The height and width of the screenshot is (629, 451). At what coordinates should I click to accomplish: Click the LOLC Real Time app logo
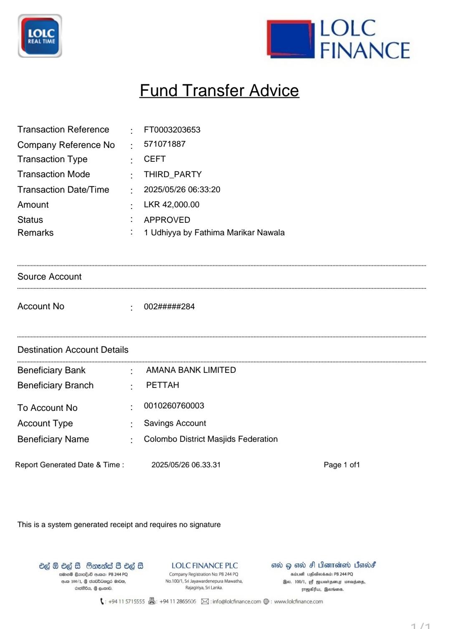click(40, 36)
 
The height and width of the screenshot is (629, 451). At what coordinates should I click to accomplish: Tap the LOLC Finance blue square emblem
click(291, 38)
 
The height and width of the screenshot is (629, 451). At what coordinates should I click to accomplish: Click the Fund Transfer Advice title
click(219, 91)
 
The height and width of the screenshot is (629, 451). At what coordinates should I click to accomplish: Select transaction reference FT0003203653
click(172, 130)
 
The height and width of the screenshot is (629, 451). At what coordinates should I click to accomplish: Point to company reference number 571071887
click(165, 144)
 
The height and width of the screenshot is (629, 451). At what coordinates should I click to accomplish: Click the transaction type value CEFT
click(155, 159)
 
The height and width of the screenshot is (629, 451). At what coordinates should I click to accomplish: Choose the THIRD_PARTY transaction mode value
click(172, 174)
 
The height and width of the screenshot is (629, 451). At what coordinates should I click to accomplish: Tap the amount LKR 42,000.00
click(171, 205)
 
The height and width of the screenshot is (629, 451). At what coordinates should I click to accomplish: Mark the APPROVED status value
click(167, 220)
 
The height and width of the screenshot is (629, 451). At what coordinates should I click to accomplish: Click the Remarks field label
click(35, 233)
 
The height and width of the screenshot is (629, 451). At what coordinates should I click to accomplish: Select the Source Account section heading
click(49, 277)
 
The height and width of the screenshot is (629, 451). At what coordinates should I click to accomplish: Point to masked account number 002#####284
click(169, 307)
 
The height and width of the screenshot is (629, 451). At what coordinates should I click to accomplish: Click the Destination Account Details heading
click(73, 350)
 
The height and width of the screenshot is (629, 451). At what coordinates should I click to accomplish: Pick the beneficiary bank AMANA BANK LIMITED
click(191, 370)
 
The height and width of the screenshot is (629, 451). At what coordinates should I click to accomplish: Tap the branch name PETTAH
click(162, 385)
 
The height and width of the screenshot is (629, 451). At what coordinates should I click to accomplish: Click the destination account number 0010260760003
click(174, 406)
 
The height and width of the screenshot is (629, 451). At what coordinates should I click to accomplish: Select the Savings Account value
click(175, 423)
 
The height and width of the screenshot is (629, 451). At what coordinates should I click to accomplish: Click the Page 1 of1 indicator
click(342, 465)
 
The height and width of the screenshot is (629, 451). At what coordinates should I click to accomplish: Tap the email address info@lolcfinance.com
click(236, 601)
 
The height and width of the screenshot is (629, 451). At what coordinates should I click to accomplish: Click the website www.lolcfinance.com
click(298, 601)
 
